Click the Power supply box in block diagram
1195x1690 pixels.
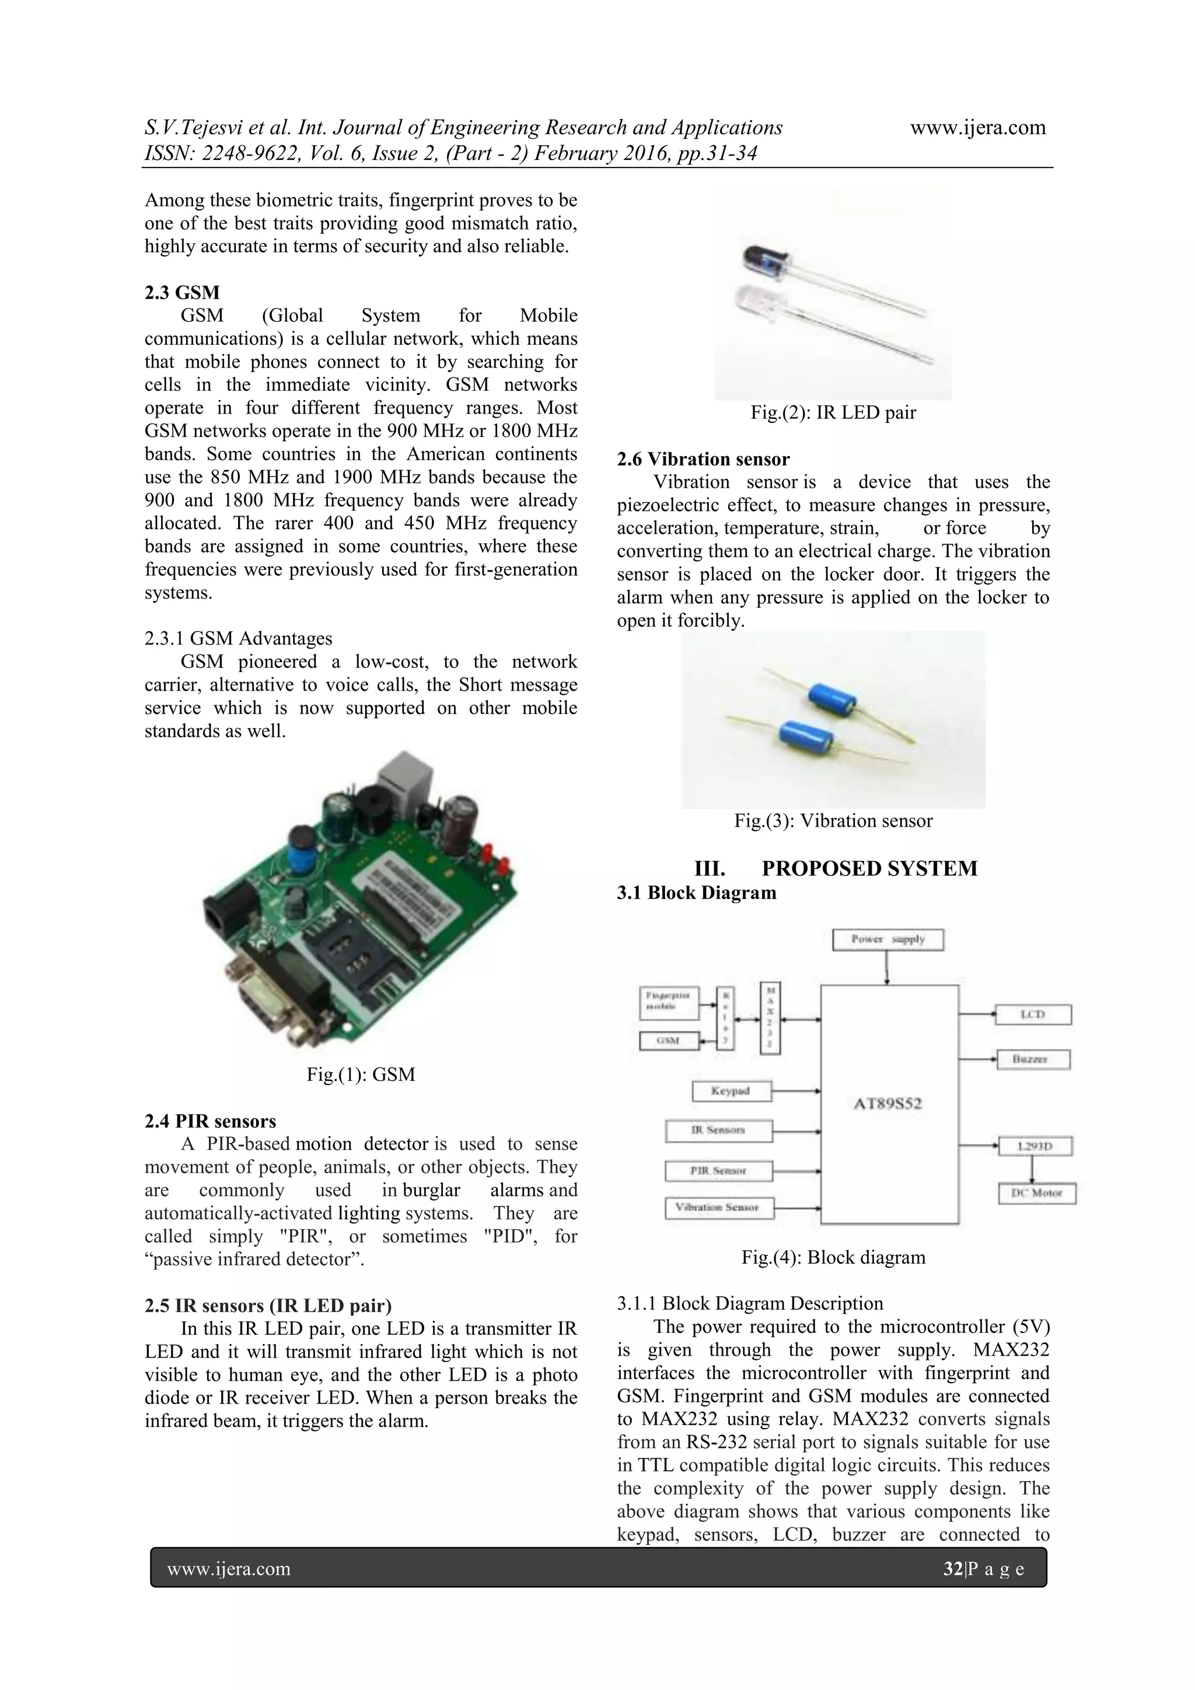pyautogui.click(x=887, y=939)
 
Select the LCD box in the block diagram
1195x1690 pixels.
pyautogui.click(x=1032, y=1015)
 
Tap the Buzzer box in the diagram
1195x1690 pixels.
pyautogui.click(x=1032, y=1059)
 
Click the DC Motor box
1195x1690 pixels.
pyautogui.click(x=1037, y=1193)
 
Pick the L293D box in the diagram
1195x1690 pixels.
pyautogui.click(x=1035, y=1147)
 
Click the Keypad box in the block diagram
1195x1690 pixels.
pyautogui.click(x=731, y=1091)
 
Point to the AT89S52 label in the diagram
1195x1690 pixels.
pyautogui.click(x=888, y=1103)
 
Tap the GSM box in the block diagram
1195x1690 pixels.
pyautogui.click(x=669, y=1041)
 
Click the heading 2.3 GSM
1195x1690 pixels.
pyautogui.click(x=182, y=292)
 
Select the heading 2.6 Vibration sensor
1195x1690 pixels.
pyautogui.click(x=703, y=459)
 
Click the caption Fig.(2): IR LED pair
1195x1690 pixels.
pyautogui.click(x=833, y=412)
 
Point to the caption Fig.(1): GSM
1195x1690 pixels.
pyautogui.click(x=361, y=1074)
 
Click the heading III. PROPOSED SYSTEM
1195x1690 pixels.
pyautogui.click(x=835, y=869)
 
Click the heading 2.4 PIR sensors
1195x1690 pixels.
pyautogui.click(x=210, y=1121)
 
